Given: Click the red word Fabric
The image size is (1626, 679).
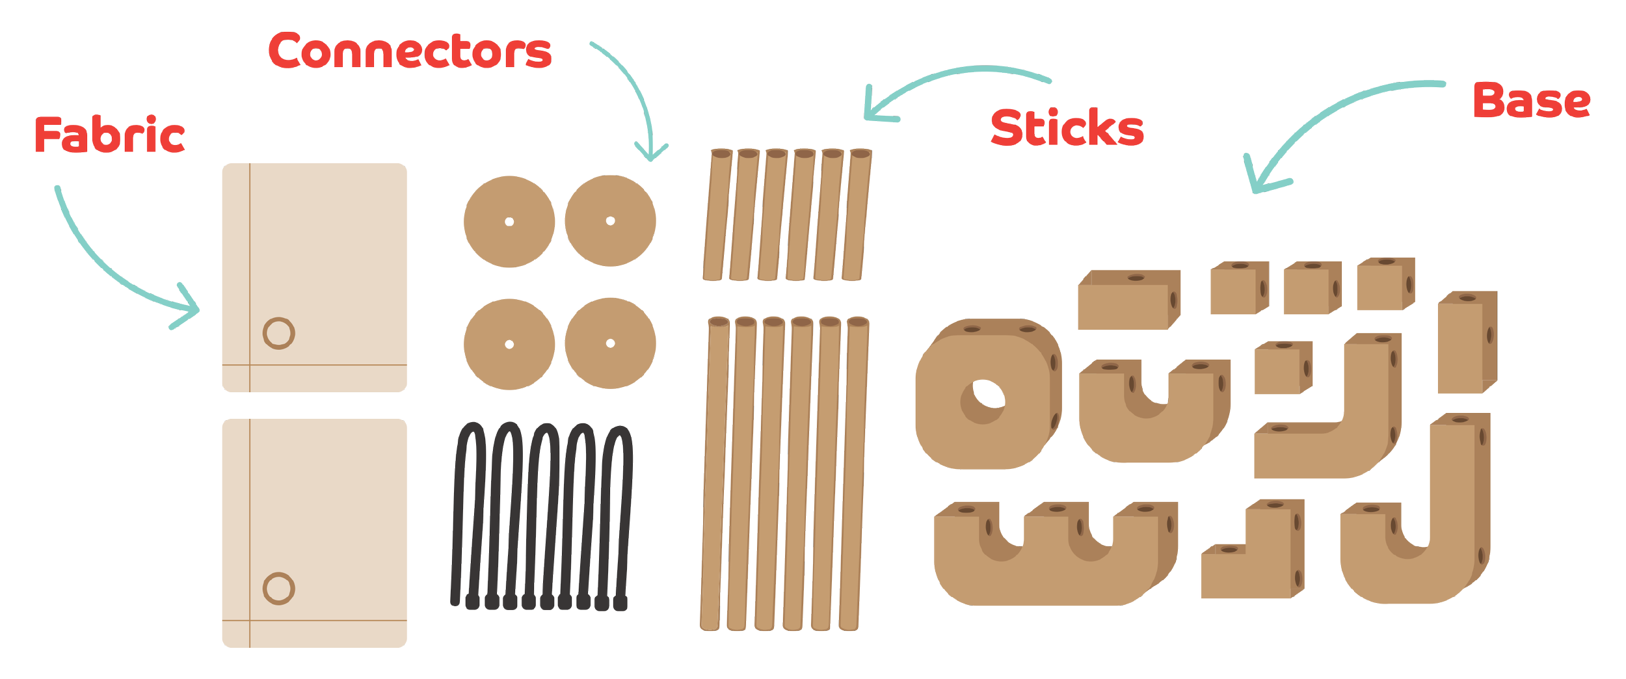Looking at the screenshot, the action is pyautogui.click(x=109, y=135).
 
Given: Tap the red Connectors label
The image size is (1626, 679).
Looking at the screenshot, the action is pyautogui.click(x=410, y=51).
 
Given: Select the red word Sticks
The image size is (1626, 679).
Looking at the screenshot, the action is pyautogui.click(x=1067, y=127).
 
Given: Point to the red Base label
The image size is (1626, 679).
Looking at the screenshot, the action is pyautogui.click(x=1531, y=101).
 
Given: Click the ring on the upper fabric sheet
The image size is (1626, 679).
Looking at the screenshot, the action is pyautogui.click(x=279, y=333).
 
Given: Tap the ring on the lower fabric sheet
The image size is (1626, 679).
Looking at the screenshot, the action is pyautogui.click(x=279, y=589).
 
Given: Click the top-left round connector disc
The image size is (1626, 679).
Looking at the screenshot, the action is pyautogui.click(x=509, y=221).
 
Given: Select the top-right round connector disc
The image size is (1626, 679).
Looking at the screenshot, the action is pyautogui.click(x=610, y=220).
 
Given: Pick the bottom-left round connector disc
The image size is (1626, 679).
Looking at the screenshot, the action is pyautogui.click(x=509, y=344).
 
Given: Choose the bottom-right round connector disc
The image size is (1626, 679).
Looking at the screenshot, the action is pyautogui.click(x=610, y=343).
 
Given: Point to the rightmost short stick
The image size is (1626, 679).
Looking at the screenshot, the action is pyautogui.click(x=856, y=215).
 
